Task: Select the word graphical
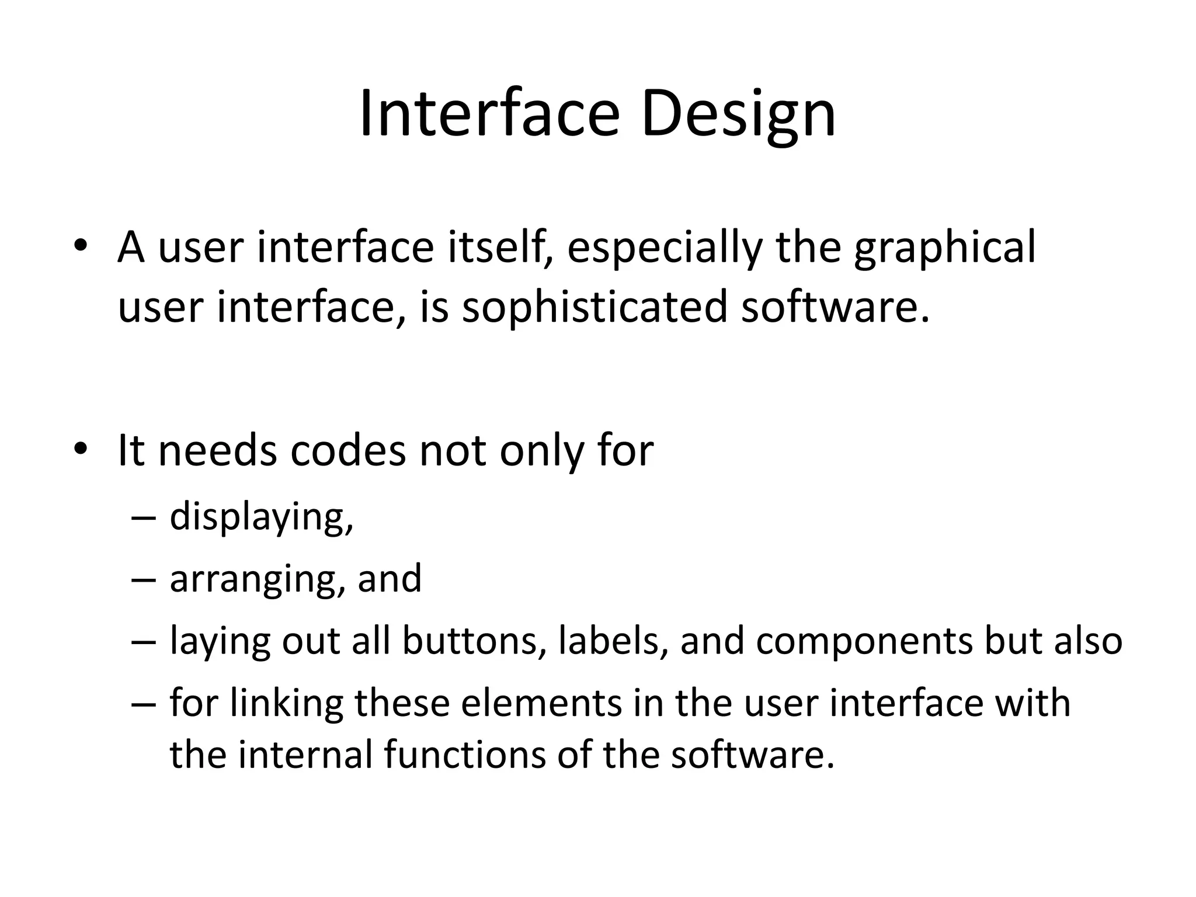click(x=944, y=248)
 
